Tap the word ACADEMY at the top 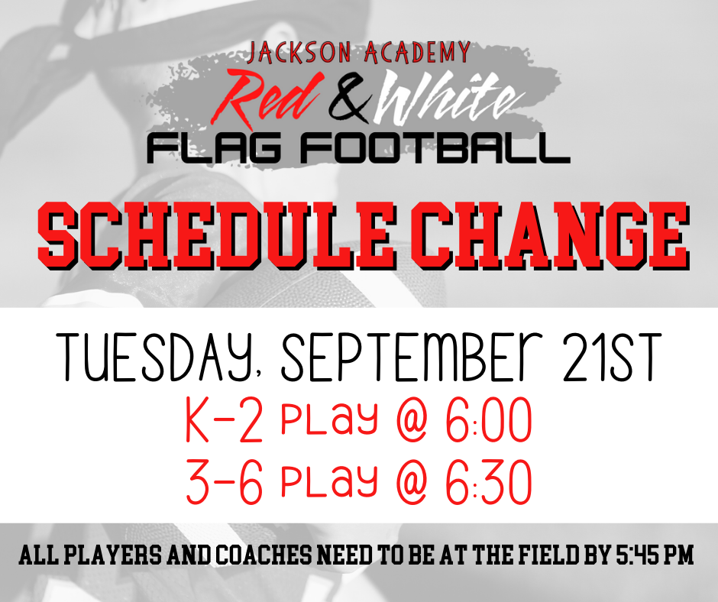coord(417,52)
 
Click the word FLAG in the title coord(214,149)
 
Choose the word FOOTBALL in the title coord(435,149)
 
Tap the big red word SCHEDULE coord(217,235)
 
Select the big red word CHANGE coord(549,235)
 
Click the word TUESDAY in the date coord(155,358)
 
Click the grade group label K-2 coord(225,420)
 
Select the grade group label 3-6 coord(225,482)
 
